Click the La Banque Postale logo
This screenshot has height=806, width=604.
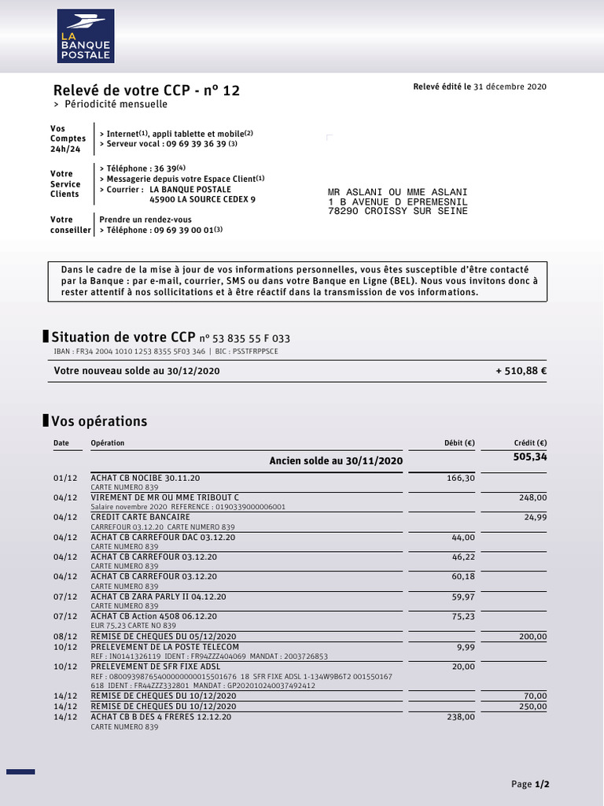[x=86, y=36]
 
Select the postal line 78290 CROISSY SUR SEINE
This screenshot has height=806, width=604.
[x=397, y=211]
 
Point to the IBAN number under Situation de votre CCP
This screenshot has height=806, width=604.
[x=141, y=351]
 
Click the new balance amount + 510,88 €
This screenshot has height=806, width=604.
[x=521, y=371]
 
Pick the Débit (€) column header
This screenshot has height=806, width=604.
[x=459, y=443]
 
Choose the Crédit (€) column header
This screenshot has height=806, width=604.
[x=530, y=443]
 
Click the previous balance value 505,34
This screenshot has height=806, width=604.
[x=530, y=457]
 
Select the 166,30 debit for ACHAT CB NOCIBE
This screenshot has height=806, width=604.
[x=460, y=478]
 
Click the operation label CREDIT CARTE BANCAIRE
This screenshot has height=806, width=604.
[x=140, y=517]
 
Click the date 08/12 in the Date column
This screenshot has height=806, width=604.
[x=65, y=637]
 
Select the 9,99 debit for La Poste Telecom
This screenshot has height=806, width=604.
[x=466, y=647]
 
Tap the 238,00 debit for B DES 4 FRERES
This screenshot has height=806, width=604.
[x=460, y=717]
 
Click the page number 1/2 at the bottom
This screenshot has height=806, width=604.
[x=542, y=785]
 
